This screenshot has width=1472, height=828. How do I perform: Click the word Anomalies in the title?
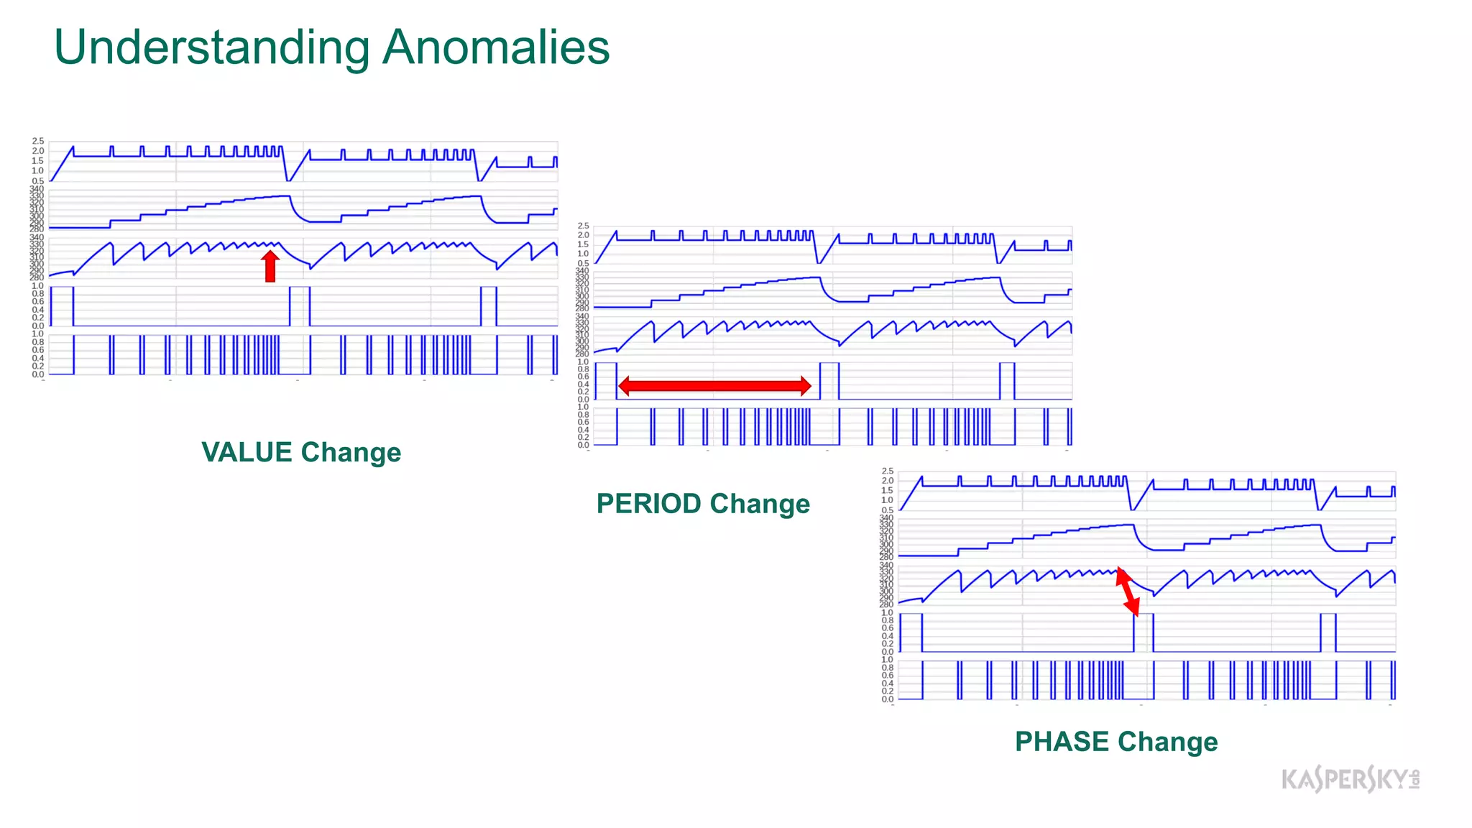(496, 47)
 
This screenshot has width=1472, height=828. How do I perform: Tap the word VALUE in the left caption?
(247, 453)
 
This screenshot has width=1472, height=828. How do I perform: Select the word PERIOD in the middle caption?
(649, 504)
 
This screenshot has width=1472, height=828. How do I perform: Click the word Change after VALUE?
(351, 453)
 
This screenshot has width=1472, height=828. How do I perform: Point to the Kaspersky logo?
(1350, 779)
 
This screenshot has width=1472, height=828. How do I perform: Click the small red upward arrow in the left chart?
(270, 267)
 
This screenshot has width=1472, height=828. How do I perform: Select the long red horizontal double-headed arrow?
(714, 386)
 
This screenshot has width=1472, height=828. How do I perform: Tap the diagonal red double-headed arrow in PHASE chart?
(1127, 592)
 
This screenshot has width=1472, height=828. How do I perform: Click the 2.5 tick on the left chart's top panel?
(38, 141)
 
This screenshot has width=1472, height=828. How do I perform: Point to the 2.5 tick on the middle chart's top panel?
(584, 226)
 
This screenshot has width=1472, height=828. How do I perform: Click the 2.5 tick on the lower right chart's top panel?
(888, 471)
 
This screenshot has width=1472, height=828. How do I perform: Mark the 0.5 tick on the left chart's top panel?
(38, 181)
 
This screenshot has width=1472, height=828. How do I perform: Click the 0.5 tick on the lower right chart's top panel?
(888, 510)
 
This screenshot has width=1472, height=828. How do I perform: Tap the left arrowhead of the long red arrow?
(624, 386)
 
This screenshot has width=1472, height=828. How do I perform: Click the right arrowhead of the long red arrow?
(806, 386)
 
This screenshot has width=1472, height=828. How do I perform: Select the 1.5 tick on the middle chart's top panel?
(584, 244)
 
